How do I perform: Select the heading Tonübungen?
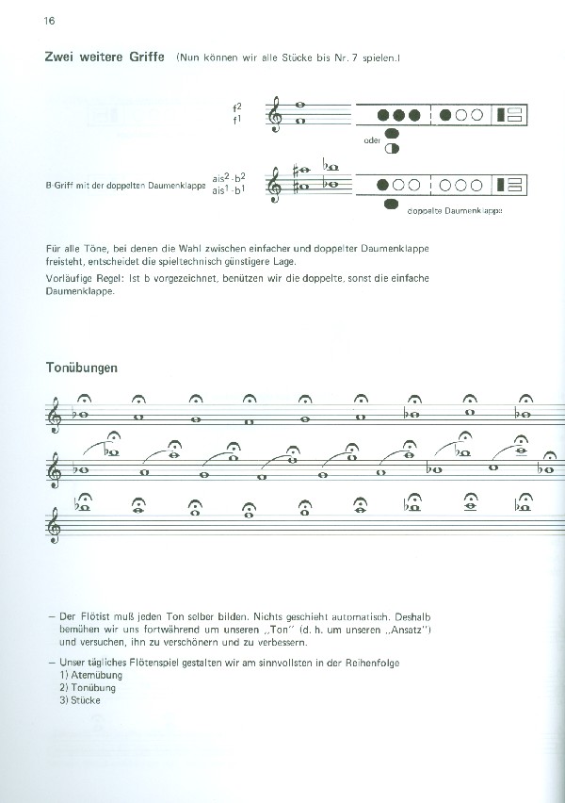[x=81, y=369]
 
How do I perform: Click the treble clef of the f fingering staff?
[x=276, y=114]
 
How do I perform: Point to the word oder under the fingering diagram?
[x=371, y=140]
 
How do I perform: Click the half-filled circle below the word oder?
[x=393, y=149]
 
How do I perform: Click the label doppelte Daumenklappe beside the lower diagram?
[x=455, y=210]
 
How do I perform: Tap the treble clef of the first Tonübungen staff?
[x=56, y=414]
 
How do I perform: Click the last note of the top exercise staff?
[x=524, y=412]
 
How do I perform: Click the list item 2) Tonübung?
[x=82, y=687]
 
